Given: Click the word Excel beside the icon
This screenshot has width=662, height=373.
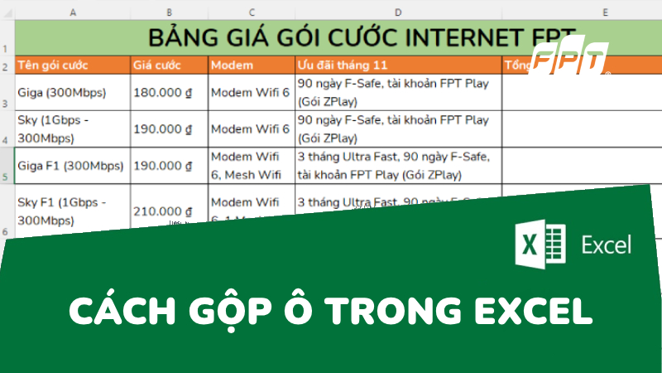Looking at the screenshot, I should coord(607,245).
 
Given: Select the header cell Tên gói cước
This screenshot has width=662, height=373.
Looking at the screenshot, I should coord(72,65).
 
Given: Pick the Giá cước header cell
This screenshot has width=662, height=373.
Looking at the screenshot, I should coord(169,65).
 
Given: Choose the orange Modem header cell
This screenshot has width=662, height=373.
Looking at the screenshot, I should coord(250,65).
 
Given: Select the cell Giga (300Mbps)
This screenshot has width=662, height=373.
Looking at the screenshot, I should coord(72,92).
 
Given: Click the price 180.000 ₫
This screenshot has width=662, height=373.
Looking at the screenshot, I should coord(169,92).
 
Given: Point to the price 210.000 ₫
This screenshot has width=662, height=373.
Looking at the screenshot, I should coord(169,212).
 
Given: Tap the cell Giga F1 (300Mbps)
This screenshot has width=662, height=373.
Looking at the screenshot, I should coord(72,164).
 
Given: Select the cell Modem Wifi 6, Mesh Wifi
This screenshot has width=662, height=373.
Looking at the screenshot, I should coord(250,164).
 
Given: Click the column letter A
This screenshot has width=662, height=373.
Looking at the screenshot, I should coord(73,12).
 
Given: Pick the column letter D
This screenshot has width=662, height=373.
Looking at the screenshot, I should coord(398,12).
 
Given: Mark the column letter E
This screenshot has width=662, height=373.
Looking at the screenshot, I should coord(606,12).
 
